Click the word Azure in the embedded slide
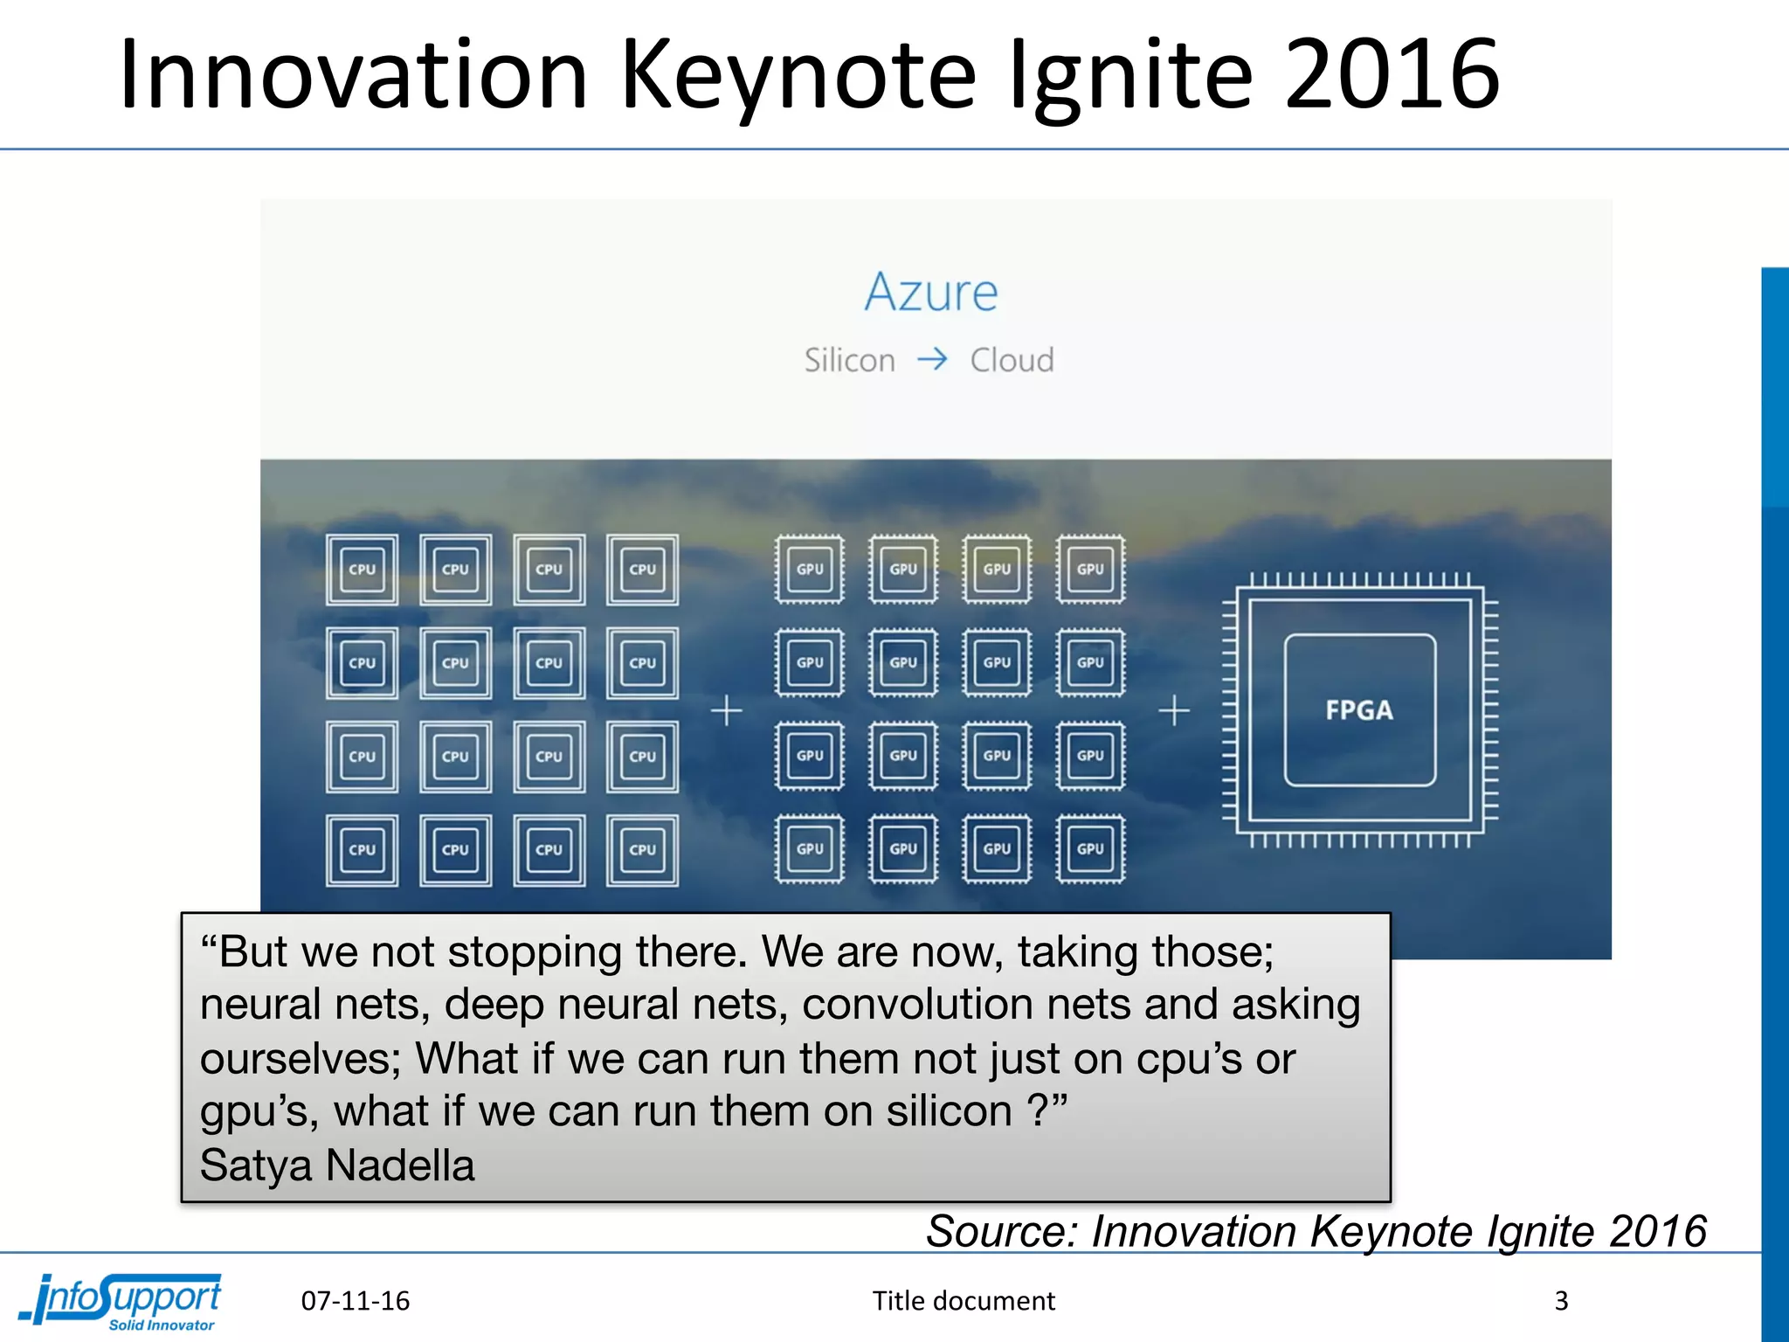931,292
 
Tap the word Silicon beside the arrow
849,360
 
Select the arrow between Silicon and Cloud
932,359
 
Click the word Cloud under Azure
1012,360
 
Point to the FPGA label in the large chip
1359,710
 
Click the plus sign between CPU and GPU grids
726,711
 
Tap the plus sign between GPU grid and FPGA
1173,711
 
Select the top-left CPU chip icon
362,570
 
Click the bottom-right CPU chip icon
642,850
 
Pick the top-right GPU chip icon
1090,570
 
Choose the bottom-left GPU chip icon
810,849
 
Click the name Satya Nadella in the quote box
337,1166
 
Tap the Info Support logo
122,1301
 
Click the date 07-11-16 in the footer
356,1301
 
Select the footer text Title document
964,1301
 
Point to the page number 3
1561,1301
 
